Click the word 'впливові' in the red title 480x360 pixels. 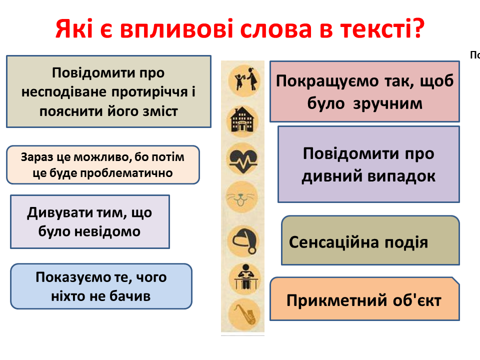tap(177, 29)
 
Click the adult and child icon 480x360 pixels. tap(243, 80)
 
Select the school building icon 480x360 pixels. tap(243, 121)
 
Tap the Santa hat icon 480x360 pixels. tap(243, 240)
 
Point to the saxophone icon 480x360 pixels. tap(244, 314)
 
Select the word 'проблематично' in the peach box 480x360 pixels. tap(126, 173)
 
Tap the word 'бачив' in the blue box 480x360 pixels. tap(130, 296)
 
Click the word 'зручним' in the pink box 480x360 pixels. tap(387, 103)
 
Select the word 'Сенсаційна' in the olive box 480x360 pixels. tap(334, 242)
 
